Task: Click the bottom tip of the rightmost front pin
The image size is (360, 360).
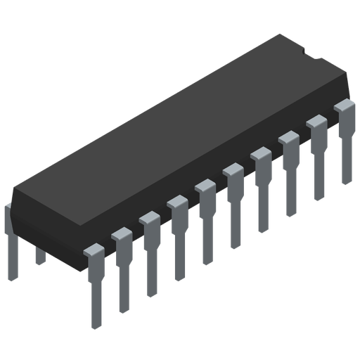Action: pyautogui.click(x=346, y=180)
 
